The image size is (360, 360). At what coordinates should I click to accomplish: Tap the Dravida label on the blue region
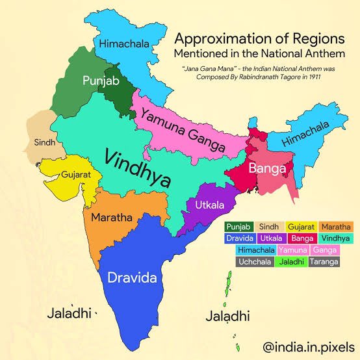(x=133, y=277)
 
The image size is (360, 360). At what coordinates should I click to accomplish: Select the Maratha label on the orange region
(x=112, y=216)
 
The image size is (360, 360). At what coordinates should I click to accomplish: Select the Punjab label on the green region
(x=100, y=81)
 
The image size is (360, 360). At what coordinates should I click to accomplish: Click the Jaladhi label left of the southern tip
(x=68, y=313)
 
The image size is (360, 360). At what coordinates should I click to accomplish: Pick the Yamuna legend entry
(x=291, y=250)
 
